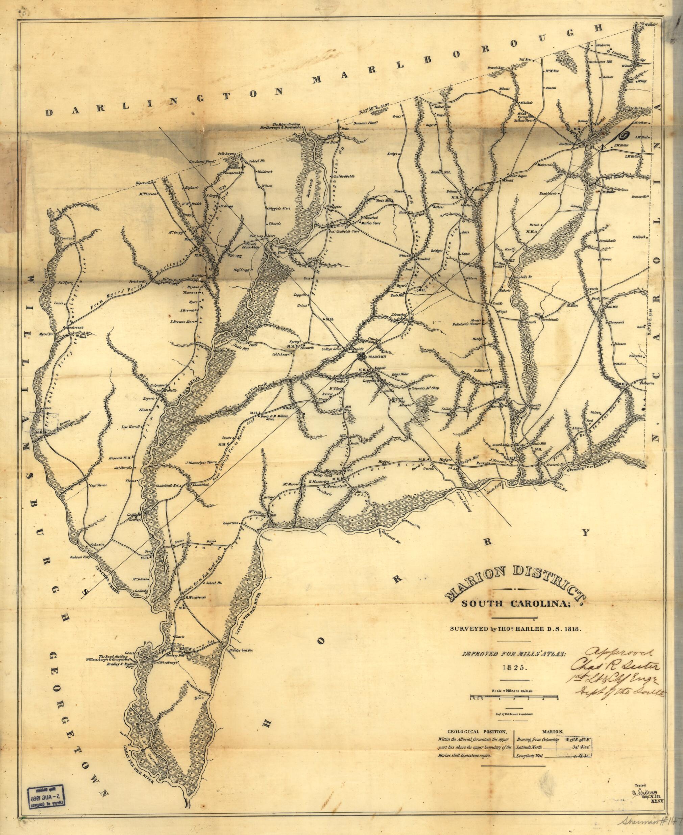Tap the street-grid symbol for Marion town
tap(361, 356)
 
